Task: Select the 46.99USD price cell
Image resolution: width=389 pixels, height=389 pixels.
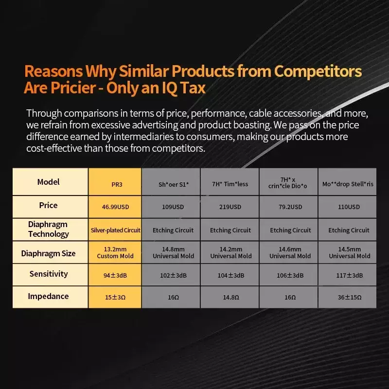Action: click(115, 207)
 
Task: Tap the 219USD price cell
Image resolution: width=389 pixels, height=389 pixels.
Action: click(230, 207)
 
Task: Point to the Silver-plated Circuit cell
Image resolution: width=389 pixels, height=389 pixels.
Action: click(115, 230)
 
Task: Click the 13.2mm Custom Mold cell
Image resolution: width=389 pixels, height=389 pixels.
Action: click(115, 252)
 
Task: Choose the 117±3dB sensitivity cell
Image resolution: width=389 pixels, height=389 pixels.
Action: click(349, 275)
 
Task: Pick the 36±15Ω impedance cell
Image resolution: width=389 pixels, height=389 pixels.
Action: click(349, 297)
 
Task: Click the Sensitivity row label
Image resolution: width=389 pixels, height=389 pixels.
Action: click(49, 274)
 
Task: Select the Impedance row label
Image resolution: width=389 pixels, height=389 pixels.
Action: click(48, 296)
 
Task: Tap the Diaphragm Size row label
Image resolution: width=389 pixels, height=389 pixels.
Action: click(48, 253)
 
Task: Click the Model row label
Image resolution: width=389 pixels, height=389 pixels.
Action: click(49, 182)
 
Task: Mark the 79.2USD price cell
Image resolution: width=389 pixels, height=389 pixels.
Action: click(290, 207)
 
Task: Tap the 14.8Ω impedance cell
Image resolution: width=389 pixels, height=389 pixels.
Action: click(230, 297)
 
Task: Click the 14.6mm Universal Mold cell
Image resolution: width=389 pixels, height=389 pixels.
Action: click(290, 252)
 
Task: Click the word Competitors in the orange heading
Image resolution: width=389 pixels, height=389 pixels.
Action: click(318, 71)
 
